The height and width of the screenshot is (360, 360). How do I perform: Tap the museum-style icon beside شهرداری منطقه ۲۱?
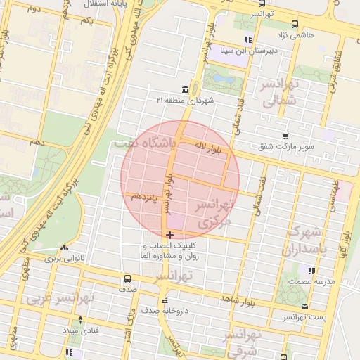pyautogui.click(x=185, y=89)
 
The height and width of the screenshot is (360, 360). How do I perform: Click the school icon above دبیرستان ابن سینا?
pyautogui.click(x=247, y=39)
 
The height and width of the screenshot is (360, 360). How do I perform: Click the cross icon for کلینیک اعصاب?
pyautogui.click(x=169, y=234)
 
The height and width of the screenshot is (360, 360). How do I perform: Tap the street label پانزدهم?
pyautogui.click(x=146, y=198)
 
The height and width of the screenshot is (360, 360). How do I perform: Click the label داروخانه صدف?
pyautogui.click(x=160, y=309)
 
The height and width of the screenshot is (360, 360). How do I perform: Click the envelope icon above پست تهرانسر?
pyautogui.click(x=304, y=307)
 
